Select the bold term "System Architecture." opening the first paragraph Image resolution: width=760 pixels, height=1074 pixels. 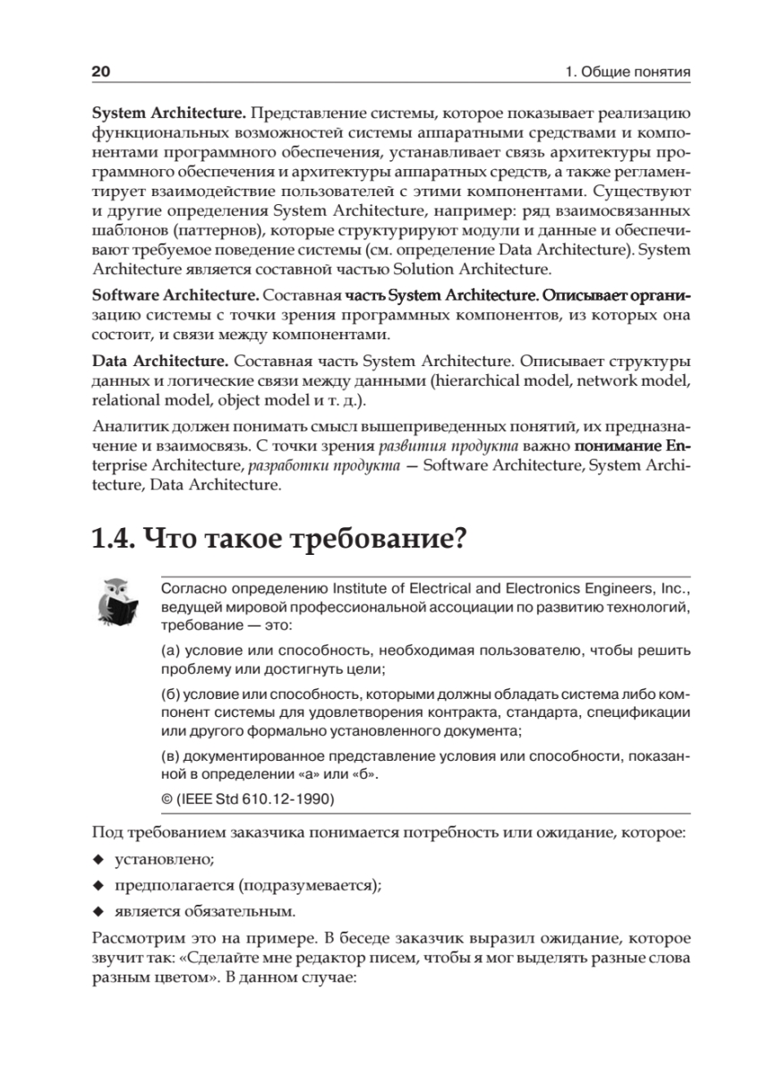(x=169, y=113)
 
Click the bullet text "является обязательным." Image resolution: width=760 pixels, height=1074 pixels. (x=204, y=912)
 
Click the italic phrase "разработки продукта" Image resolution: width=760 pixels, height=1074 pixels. (x=324, y=465)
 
